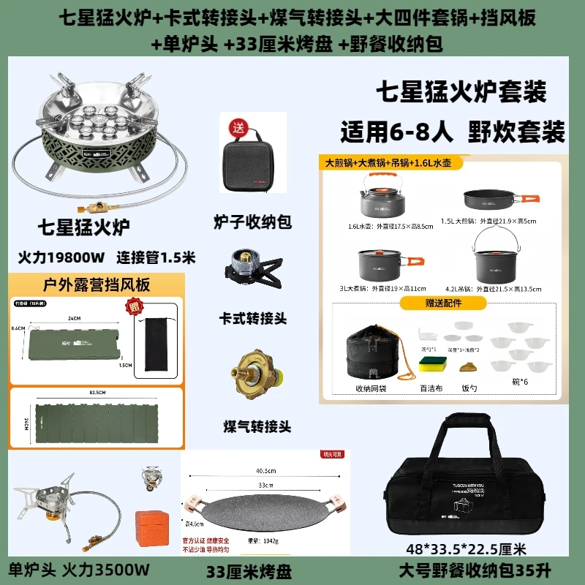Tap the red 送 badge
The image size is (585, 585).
pyautogui.click(x=237, y=127)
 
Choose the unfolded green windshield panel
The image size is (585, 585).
pyautogui.click(x=95, y=423)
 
